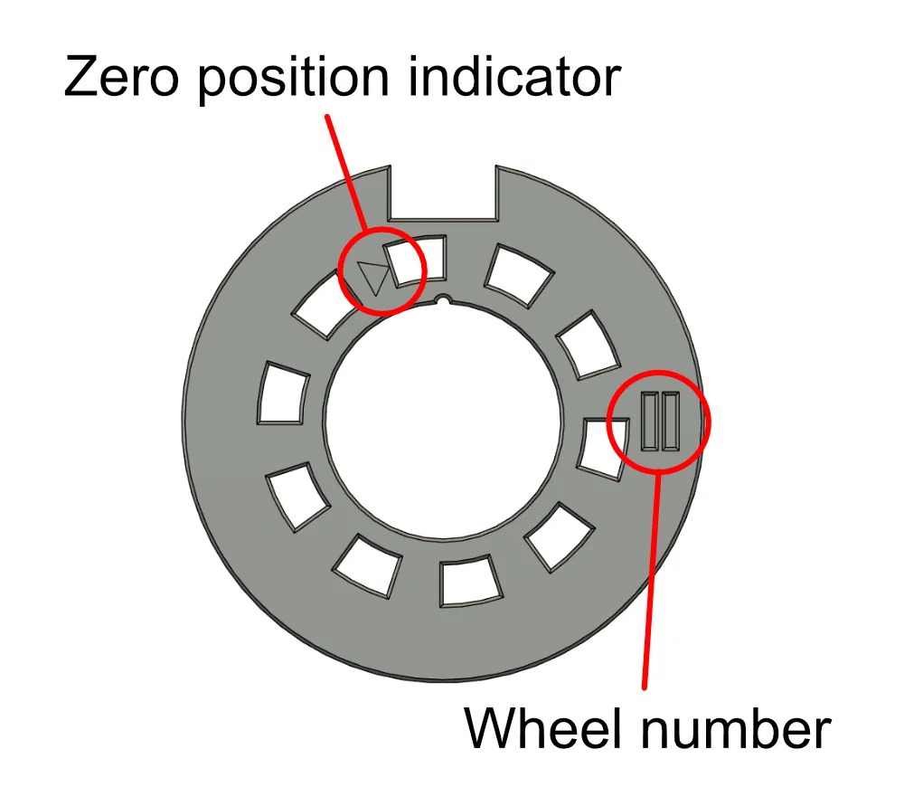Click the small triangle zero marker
click(372, 278)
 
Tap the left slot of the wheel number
click(650, 422)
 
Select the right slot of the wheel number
click(670, 422)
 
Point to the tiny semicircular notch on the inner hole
click(442, 299)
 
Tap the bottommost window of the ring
click(468, 582)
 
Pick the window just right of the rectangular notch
click(519, 272)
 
